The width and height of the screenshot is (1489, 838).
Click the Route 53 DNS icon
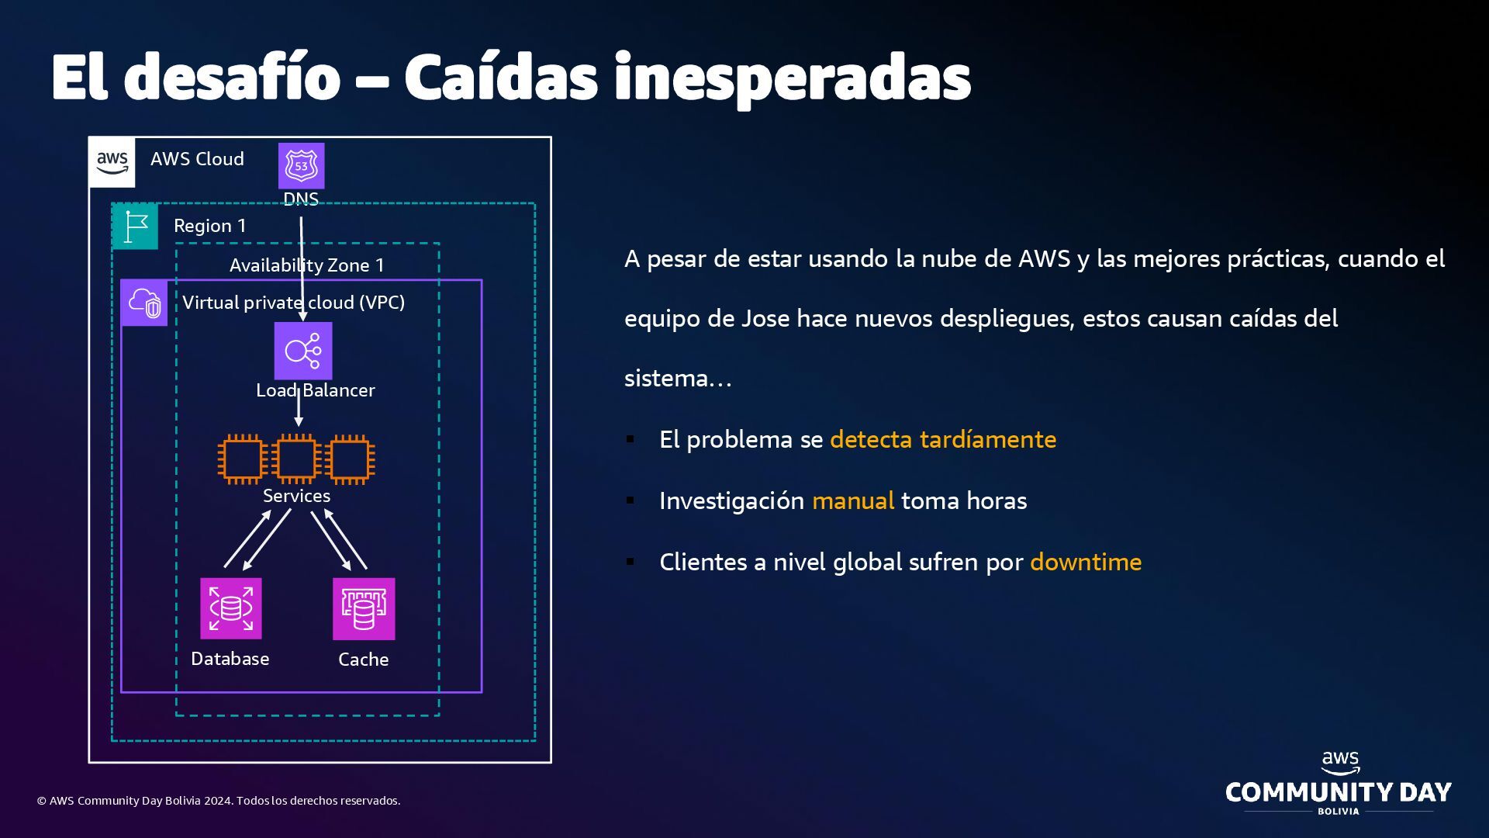[x=301, y=165]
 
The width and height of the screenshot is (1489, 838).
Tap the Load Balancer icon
[x=303, y=351]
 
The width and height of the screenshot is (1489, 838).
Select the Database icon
[x=230, y=608]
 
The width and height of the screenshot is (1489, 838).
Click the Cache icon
[x=364, y=609]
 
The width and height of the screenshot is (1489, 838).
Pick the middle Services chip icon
[x=296, y=459]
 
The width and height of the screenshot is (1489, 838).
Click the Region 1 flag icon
[x=136, y=227]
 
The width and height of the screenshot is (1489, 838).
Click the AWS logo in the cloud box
[x=112, y=162]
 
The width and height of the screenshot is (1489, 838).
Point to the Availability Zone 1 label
[x=307, y=265]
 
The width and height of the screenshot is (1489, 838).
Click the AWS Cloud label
[x=197, y=159]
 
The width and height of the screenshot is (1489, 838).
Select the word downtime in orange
[x=1086, y=562]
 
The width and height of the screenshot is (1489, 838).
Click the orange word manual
[x=853, y=500]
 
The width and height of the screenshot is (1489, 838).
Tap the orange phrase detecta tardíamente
[x=943, y=439]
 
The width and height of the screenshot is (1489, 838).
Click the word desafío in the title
[x=232, y=78]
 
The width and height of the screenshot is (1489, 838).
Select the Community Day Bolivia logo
[x=1339, y=784]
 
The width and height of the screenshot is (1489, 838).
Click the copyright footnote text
[x=219, y=801]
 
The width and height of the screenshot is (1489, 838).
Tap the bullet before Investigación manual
[x=630, y=500]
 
